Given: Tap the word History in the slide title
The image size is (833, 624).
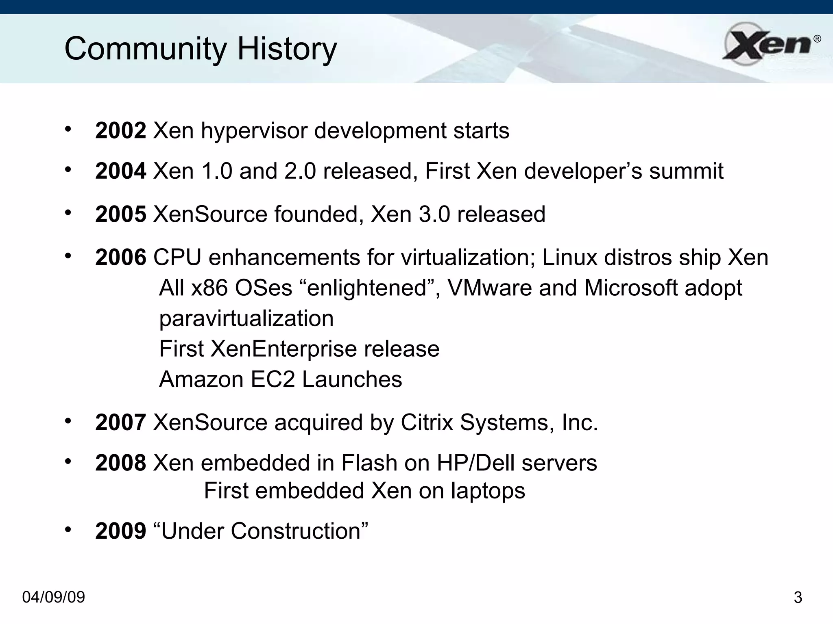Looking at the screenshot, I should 287,49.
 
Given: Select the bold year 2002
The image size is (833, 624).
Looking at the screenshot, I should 120,130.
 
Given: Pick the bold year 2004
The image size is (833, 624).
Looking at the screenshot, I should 120,171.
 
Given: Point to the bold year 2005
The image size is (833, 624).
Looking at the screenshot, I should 120,214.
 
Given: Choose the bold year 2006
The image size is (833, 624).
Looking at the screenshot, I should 120,257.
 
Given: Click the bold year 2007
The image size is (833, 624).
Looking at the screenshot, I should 120,422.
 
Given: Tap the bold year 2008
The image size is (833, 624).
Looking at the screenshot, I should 120,463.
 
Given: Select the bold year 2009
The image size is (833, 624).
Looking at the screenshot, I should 120,531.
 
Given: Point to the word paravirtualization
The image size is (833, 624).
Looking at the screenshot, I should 246,318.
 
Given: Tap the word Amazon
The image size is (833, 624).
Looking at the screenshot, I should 201,379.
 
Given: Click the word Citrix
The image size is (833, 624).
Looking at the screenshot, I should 427,422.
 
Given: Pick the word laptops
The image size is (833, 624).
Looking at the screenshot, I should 488,491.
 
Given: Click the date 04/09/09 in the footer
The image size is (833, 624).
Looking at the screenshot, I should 53,597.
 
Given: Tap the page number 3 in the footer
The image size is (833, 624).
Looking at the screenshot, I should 798,598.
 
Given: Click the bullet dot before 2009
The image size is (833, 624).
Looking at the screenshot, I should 68,529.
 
